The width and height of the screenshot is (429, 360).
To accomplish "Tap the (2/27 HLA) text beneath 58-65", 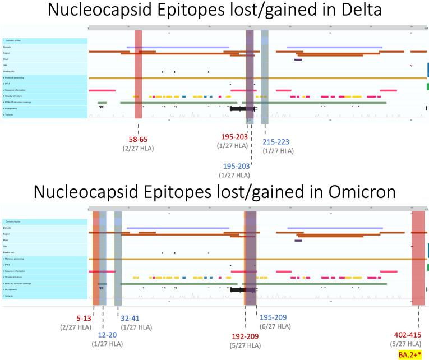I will [x=138, y=149].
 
